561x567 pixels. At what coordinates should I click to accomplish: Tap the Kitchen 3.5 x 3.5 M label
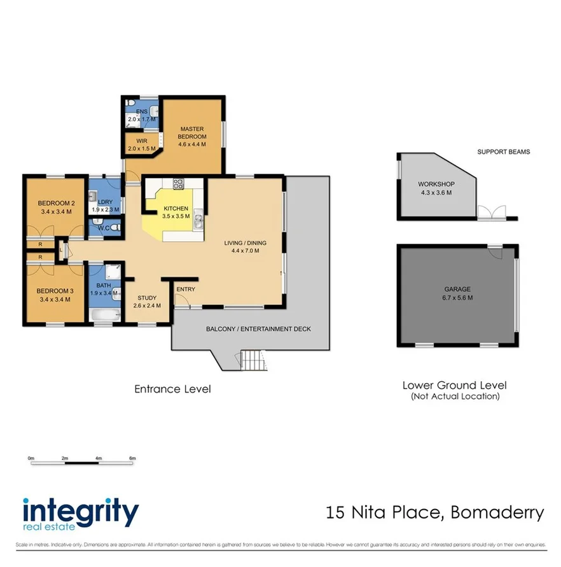point(176,212)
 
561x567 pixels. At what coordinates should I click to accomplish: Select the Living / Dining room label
point(245,246)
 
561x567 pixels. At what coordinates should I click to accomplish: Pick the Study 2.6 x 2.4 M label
point(147,301)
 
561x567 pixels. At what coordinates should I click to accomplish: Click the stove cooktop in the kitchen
point(179,185)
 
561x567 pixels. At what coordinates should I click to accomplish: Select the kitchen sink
point(198,220)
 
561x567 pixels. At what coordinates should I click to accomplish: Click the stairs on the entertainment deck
point(252,361)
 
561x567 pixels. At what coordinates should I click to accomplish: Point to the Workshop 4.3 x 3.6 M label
point(437,188)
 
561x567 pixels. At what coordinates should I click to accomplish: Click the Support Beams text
point(503,152)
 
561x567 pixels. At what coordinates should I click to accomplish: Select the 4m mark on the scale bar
point(99,458)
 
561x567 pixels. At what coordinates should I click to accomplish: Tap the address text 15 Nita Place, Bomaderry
point(435,512)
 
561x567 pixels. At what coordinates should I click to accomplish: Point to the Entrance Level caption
point(172,389)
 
